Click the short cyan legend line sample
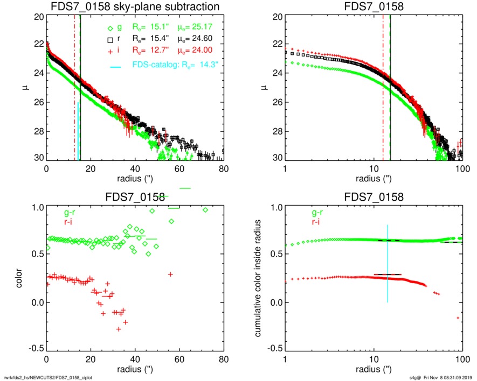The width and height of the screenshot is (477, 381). pos(114,67)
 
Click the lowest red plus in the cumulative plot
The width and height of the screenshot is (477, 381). pos(458,318)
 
